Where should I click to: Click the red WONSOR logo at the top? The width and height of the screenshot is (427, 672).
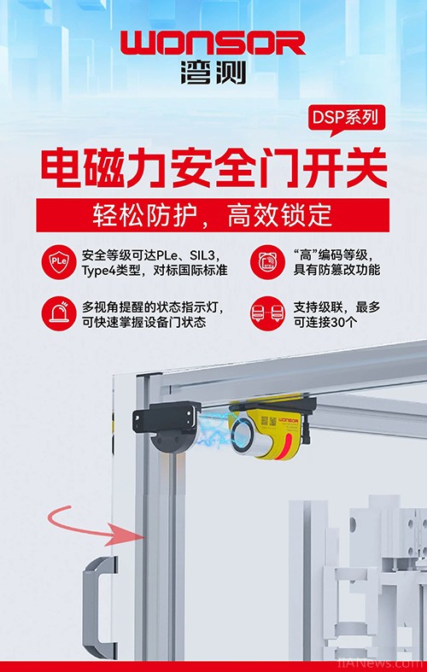point(213,43)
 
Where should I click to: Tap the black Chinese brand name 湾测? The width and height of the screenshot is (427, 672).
point(213,73)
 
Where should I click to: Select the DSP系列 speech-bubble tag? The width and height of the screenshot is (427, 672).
point(347,120)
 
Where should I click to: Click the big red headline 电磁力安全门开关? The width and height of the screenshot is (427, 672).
point(214,168)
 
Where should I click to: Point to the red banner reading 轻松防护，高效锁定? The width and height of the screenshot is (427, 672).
point(213,214)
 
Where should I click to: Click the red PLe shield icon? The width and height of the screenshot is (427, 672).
point(59,262)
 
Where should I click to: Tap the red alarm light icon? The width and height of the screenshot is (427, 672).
point(59,313)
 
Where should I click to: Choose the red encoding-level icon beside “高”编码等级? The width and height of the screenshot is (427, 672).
point(267,262)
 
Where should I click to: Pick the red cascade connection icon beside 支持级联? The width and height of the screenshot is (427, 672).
point(267,313)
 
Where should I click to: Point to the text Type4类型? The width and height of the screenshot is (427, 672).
point(111,271)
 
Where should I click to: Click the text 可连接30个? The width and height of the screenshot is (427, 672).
point(325,322)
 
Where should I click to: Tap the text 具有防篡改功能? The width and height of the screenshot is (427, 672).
point(336,270)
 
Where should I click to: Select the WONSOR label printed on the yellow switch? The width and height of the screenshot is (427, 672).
point(288,420)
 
